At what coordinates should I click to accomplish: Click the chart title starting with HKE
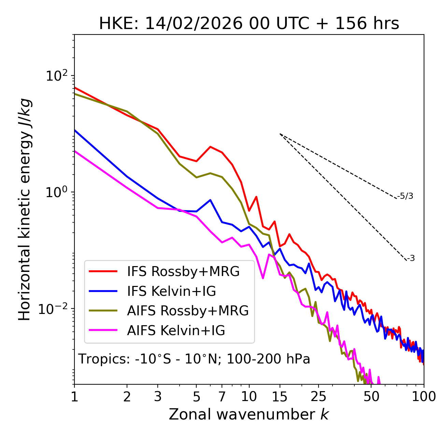click(249, 24)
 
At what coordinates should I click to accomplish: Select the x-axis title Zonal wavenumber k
click(249, 414)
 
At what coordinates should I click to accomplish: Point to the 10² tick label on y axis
click(56, 76)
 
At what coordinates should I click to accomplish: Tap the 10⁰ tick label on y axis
click(56, 192)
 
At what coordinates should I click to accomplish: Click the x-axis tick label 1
click(74, 396)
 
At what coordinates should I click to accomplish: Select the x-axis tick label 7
click(222, 396)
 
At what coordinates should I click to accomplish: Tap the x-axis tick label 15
click(280, 396)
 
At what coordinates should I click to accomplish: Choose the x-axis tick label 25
click(319, 396)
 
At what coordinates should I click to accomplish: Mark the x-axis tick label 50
click(371, 396)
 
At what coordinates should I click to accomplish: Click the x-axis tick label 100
click(423, 396)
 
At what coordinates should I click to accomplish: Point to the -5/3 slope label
click(405, 196)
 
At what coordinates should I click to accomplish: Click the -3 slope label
click(411, 259)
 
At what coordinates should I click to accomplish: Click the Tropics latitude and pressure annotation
click(194, 359)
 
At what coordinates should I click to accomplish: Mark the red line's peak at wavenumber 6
click(210, 147)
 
